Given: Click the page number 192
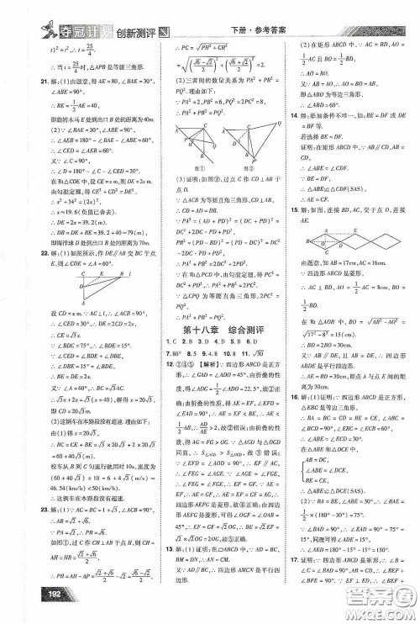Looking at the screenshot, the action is pos(25,610).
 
